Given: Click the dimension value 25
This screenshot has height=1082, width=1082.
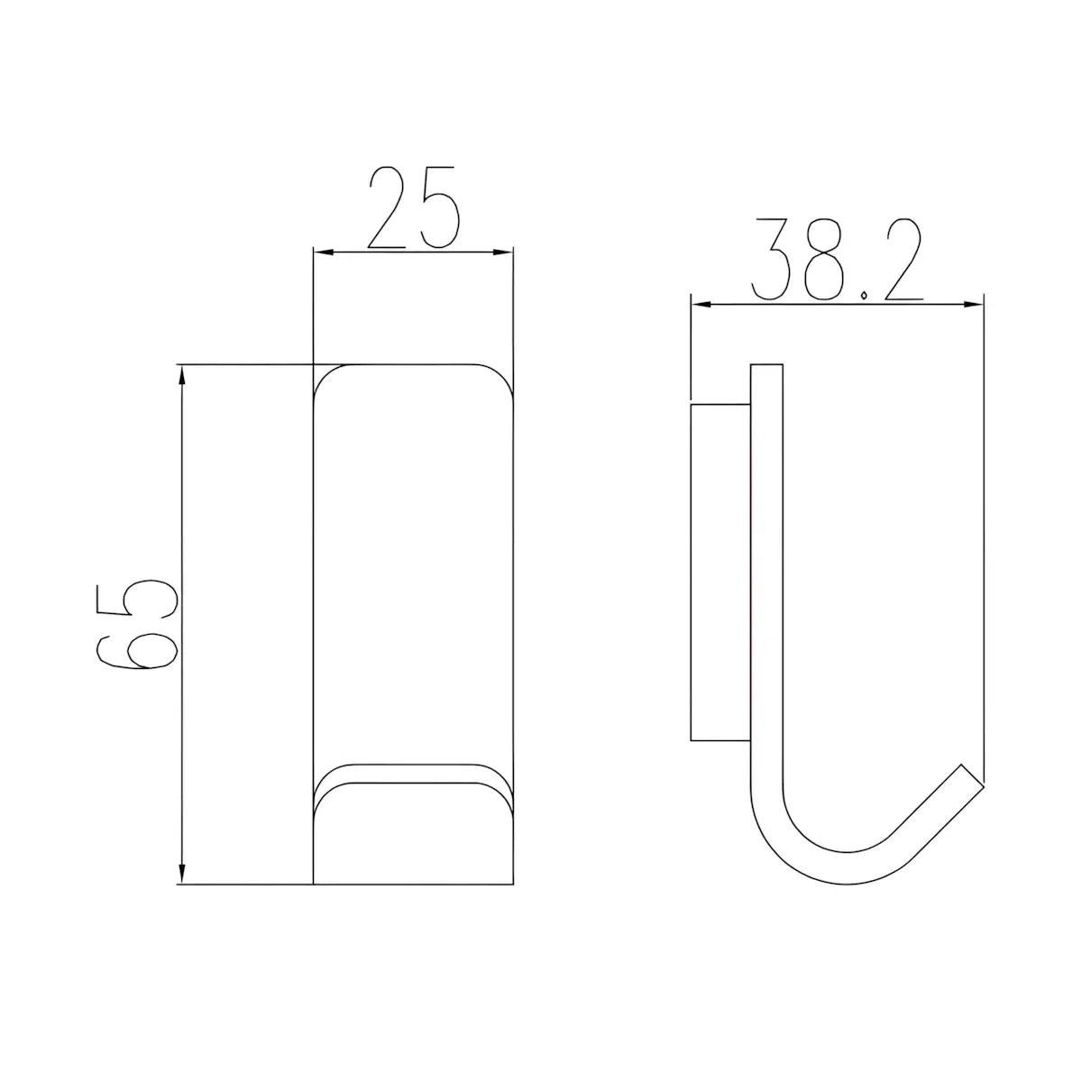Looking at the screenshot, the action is [414, 206].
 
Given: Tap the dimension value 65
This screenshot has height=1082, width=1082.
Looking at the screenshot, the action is [137, 626].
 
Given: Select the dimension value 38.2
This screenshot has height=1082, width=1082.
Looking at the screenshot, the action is [837, 259].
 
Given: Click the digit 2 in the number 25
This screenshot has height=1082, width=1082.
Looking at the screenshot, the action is [388, 206].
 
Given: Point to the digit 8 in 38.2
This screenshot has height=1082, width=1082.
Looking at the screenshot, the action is [824, 259].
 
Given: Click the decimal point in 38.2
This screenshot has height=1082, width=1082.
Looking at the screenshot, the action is [865, 295].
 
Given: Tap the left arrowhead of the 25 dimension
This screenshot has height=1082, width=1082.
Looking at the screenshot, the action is [324, 252].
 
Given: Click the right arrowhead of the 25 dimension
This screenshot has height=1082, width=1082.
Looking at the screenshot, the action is [502, 252].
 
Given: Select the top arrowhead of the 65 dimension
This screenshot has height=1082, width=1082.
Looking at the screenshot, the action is [181, 376].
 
